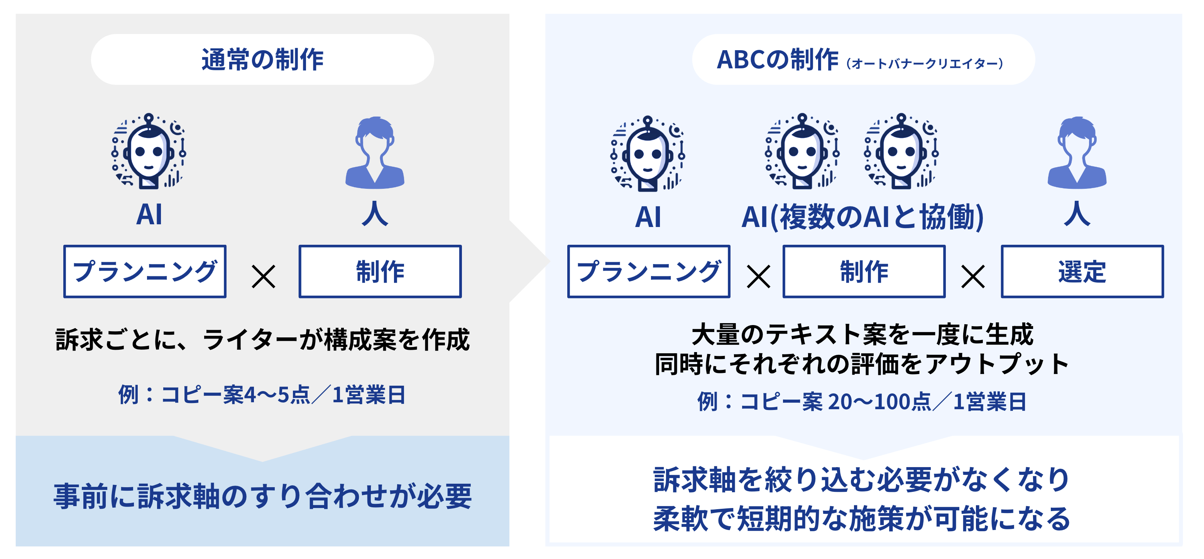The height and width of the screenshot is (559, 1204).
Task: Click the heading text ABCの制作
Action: point(777,60)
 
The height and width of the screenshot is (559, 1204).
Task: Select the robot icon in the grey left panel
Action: point(149,151)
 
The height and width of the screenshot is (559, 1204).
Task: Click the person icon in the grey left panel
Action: point(375,153)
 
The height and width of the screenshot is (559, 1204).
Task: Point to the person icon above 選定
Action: point(1077,153)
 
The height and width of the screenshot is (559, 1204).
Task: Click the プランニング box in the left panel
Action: point(145,271)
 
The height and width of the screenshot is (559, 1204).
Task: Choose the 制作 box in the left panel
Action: point(380,271)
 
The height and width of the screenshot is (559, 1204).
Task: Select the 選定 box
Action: point(1082,271)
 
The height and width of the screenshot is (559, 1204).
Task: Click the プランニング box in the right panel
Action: point(649,271)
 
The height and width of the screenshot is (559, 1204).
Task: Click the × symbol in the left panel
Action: point(263,276)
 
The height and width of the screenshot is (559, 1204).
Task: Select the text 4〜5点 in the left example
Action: point(277,395)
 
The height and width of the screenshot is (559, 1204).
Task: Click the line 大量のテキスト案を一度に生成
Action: point(862,335)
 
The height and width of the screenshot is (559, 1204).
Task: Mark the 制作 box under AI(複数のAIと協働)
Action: point(864,271)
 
